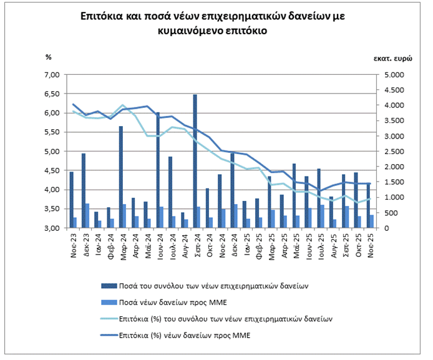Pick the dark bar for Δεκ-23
[84, 190]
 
